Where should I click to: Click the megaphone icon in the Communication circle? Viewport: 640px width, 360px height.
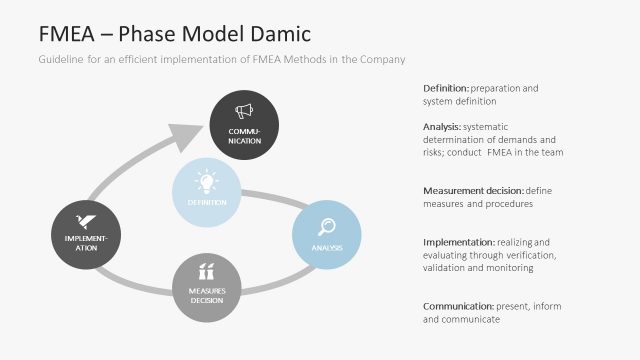(243, 112)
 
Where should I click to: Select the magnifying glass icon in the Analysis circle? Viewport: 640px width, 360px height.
(326, 226)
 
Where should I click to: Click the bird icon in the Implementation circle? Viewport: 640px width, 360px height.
(86, 222)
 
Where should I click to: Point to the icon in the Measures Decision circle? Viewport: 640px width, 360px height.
(208, 271)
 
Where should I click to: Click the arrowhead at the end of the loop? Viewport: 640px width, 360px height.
(186, 133)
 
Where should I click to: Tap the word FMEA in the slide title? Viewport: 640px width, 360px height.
(70, 33)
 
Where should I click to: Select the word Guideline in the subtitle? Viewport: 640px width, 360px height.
(62, 60)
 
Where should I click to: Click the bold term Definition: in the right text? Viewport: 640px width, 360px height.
(448, 88)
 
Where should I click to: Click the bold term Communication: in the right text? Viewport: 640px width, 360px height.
(458, 306)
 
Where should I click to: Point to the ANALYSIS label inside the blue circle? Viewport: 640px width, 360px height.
(326, 247)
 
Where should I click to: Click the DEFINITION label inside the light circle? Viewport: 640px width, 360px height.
(207, 203)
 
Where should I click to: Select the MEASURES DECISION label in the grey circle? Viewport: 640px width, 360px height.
(208, 294)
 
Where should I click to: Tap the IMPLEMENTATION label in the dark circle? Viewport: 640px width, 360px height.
(86, 243)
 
